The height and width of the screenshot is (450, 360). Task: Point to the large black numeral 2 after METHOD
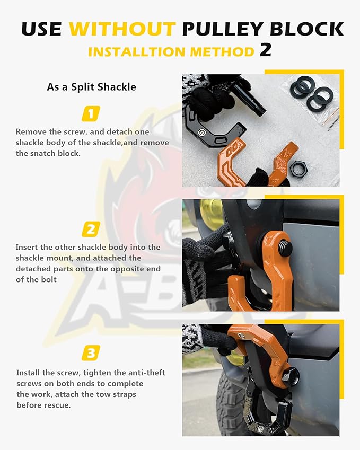click(266, 50)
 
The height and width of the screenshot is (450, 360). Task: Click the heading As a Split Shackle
click(91, 87)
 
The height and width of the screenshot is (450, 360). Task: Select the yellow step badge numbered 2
click(91, 229)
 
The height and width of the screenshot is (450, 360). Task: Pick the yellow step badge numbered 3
click(91, 352)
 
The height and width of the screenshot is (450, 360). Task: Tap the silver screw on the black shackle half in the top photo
click(202, 133)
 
